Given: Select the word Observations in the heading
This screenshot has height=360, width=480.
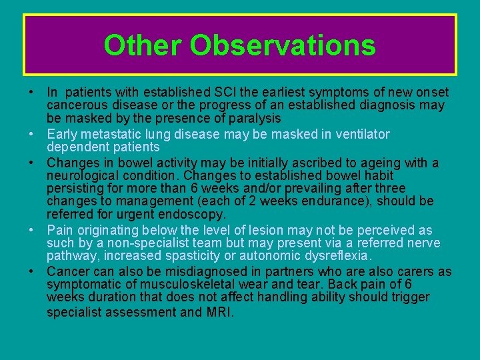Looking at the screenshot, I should [283, 45].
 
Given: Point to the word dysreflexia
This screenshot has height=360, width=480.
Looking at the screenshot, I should [334, 255].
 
